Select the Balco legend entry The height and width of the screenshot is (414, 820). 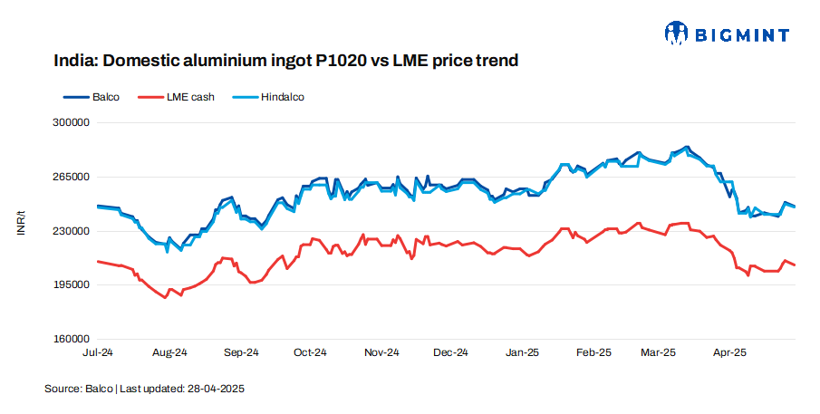(x=92, y=96)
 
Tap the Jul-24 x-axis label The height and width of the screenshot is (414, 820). (x=98, y=351)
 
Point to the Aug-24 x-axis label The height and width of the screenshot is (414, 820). (x=169, y=351)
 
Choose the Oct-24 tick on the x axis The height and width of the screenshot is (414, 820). (x=310, y=351)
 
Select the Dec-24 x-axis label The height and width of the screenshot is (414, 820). (x=450, y=351)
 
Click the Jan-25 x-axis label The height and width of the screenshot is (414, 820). (x=522, y=351)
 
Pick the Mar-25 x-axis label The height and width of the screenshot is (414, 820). (x=659, y=351)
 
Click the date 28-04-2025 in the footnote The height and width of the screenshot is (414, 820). (x=217, y=389)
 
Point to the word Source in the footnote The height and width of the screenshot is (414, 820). (x=63, y=389)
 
